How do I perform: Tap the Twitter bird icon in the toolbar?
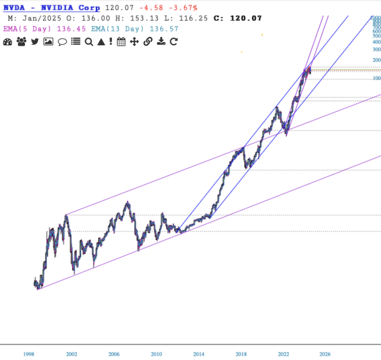pos(35,42)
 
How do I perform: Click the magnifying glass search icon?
pos(89,42)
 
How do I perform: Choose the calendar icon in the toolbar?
pos(121,42)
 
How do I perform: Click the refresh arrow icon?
pos(174,42)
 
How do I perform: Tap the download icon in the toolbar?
pos(161,42)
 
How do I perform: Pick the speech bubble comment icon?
pos(62,42)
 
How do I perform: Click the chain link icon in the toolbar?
pos(148,42)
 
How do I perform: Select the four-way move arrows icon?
pos(135,42)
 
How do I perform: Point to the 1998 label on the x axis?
pos(29,354)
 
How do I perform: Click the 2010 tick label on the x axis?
pos(156,354)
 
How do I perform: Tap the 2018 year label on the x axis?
pos(241,354)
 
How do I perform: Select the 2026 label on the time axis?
pos(325,354)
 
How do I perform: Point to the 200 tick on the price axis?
pos(376,60)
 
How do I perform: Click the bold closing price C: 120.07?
pos(239,18)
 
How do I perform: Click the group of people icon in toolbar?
pos(21,42)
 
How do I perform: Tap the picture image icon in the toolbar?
pos(48,42)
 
